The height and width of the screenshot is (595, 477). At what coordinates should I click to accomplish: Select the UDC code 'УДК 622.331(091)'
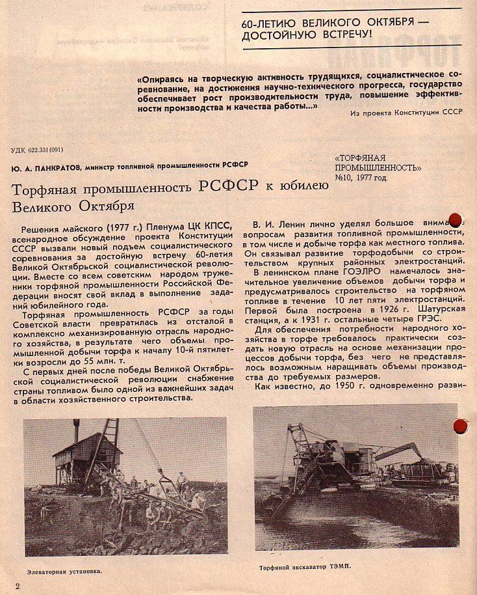click(x=37, y=150)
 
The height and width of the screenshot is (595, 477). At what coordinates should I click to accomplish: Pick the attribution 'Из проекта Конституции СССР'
click(x=406, y=113)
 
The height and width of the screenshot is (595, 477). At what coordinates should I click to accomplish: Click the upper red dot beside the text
click(x=456, y=219)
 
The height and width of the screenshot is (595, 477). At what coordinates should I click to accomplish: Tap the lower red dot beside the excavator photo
click(x=460, y=426)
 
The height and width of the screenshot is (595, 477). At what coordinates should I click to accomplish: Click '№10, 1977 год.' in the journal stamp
click(x=361, y=177)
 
